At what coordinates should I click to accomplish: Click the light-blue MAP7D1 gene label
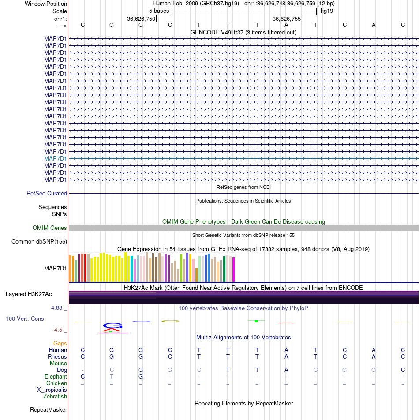click(x=56, y=158)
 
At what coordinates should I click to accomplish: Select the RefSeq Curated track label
click(x=47, y=193)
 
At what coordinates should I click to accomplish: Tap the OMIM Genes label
click(x=50, y=228)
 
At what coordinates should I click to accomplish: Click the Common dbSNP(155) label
click(x=39, y=241)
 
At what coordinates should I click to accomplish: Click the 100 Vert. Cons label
click(x=25, y=319)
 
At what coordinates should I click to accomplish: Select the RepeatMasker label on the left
click(x=49, y=410)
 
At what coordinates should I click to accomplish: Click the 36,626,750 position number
click(x=141, y=19)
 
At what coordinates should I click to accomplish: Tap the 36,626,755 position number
click(x=287, y=19)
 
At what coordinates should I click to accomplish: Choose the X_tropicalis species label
click(x=52, y=390)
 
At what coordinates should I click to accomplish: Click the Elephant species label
click(x=56, y=377)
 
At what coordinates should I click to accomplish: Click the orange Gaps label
click(x=60, y=343)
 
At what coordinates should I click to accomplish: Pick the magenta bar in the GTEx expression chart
click(x=233, y=270)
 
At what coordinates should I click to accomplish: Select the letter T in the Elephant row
click(x=112, y=377)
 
